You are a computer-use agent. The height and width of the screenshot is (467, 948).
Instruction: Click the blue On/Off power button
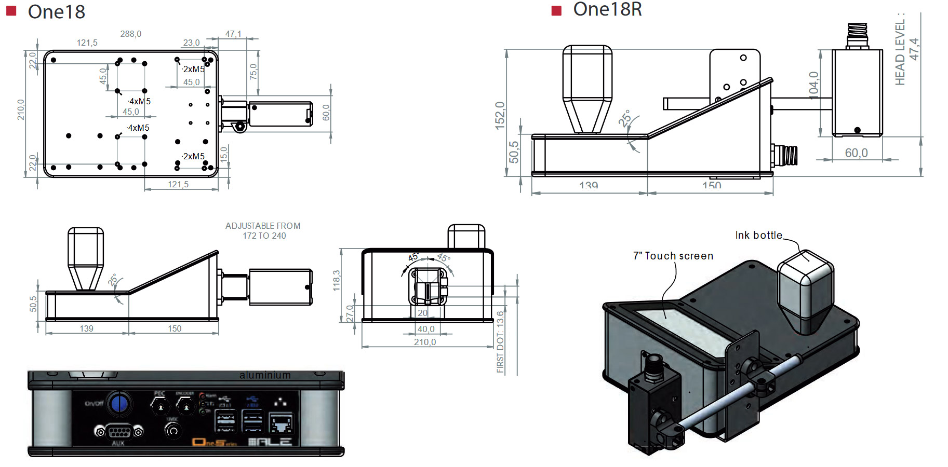click(119, 403)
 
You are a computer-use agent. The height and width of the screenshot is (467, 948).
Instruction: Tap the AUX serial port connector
click(118, 432)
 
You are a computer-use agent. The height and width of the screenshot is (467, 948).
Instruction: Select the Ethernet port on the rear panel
click(281, 423)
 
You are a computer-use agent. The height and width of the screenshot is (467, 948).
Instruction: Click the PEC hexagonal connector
click(160, 406)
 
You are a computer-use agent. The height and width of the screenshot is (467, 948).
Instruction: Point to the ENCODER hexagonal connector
click(186, 406)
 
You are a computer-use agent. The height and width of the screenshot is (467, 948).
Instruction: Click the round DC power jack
click(173, 431)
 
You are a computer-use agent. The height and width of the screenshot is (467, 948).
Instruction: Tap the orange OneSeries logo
click(214, 442)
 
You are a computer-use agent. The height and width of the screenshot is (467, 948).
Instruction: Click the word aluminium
click(265, 375)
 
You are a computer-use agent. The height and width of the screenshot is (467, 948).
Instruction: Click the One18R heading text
click(607, 9)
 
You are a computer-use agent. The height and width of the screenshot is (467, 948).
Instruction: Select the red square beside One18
click(11, 11)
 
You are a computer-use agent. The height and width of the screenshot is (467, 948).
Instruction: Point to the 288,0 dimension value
click(131, 34)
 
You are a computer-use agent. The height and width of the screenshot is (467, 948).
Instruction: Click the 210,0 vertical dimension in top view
click(21, 109)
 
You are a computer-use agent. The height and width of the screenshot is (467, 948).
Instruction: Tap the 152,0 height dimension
click(500, 115)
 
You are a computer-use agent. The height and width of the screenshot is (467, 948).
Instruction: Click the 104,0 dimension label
click(813, 84)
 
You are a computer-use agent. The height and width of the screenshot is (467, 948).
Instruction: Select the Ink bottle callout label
click(758, 235)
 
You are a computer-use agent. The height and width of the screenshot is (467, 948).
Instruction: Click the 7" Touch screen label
click(673, 256)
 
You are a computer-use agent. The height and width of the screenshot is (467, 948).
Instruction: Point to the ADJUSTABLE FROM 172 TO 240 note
click(263, 231)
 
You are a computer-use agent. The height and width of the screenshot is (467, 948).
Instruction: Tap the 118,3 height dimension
click(337, 280)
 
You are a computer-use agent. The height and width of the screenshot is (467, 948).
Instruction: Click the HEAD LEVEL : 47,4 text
click(907, 49)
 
